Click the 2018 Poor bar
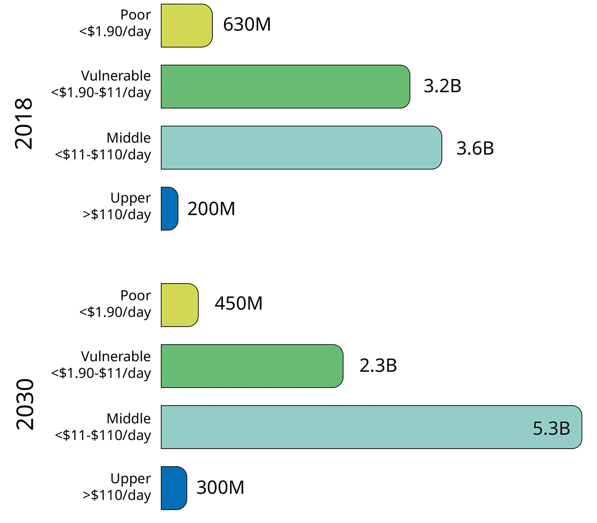186,26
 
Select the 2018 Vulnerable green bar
285,86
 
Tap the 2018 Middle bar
301,148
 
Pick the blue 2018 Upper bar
169,209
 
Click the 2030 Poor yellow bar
179,305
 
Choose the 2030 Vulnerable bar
251,366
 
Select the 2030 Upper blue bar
174,488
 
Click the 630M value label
247,25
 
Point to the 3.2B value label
442,86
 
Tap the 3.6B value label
475,149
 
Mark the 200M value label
211,209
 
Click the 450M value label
239,304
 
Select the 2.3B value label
378,366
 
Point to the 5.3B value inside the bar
551,428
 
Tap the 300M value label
220,488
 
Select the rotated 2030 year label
25,404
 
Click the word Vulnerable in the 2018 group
115,76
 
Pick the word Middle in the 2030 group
128,419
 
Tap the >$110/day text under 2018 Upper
117,214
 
